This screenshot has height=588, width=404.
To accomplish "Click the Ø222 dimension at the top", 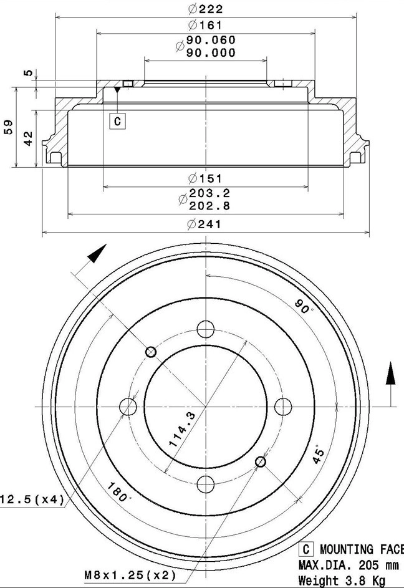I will [205, 9].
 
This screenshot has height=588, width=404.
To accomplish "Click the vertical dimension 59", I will [9, 127].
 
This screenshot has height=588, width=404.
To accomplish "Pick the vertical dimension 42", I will [27, 138].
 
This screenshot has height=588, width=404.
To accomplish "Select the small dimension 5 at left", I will [27, 73].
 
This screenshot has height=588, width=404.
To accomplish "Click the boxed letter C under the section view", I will [117, 121].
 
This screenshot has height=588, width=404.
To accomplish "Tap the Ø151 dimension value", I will [205, 179].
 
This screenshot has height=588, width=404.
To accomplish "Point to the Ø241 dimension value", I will [205, 224].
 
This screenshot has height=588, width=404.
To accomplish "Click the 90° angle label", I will [304, 307].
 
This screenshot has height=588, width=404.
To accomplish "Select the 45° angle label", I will [319, 456].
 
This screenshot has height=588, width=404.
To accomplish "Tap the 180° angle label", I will [118, 491].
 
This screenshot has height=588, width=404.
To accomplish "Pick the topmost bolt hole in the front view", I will [205, 329].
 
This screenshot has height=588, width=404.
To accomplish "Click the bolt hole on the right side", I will [283, 407].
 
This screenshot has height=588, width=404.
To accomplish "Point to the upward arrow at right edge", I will [390, 374].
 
